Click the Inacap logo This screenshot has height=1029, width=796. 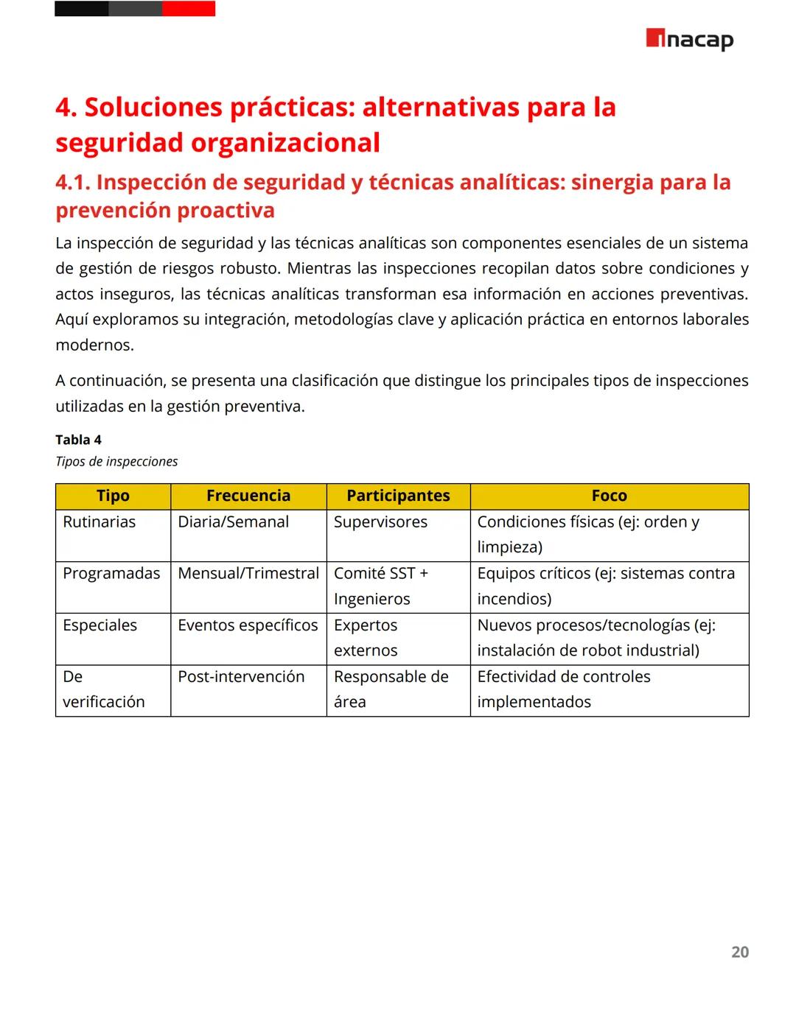click(689, 39)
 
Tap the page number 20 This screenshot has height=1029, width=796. click(739, 952)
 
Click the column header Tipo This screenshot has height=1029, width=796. click(113, 496)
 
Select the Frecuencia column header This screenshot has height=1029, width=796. click(248, 496)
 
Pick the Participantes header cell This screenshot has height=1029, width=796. click(398, 496)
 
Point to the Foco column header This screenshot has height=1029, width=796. click(609, 496)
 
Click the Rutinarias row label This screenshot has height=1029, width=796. click(99, 522)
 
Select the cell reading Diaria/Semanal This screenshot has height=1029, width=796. click(233, 522)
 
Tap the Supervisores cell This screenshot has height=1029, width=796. click(380, 522)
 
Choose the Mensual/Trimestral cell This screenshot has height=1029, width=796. click(248, 574)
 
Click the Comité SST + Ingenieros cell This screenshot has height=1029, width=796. click(380, 586)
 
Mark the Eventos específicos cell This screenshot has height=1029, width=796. click(248, 625)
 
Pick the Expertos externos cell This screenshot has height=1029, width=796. click(366, 638)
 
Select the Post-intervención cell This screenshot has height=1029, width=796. click(241, 677)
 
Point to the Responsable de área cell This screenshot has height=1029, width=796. click(391, 689)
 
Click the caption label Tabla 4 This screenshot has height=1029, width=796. click(78, 440)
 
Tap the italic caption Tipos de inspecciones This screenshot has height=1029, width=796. click(116, 462)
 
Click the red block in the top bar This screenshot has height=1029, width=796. click(189, 9)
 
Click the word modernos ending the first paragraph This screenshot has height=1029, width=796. click(94, 345)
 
